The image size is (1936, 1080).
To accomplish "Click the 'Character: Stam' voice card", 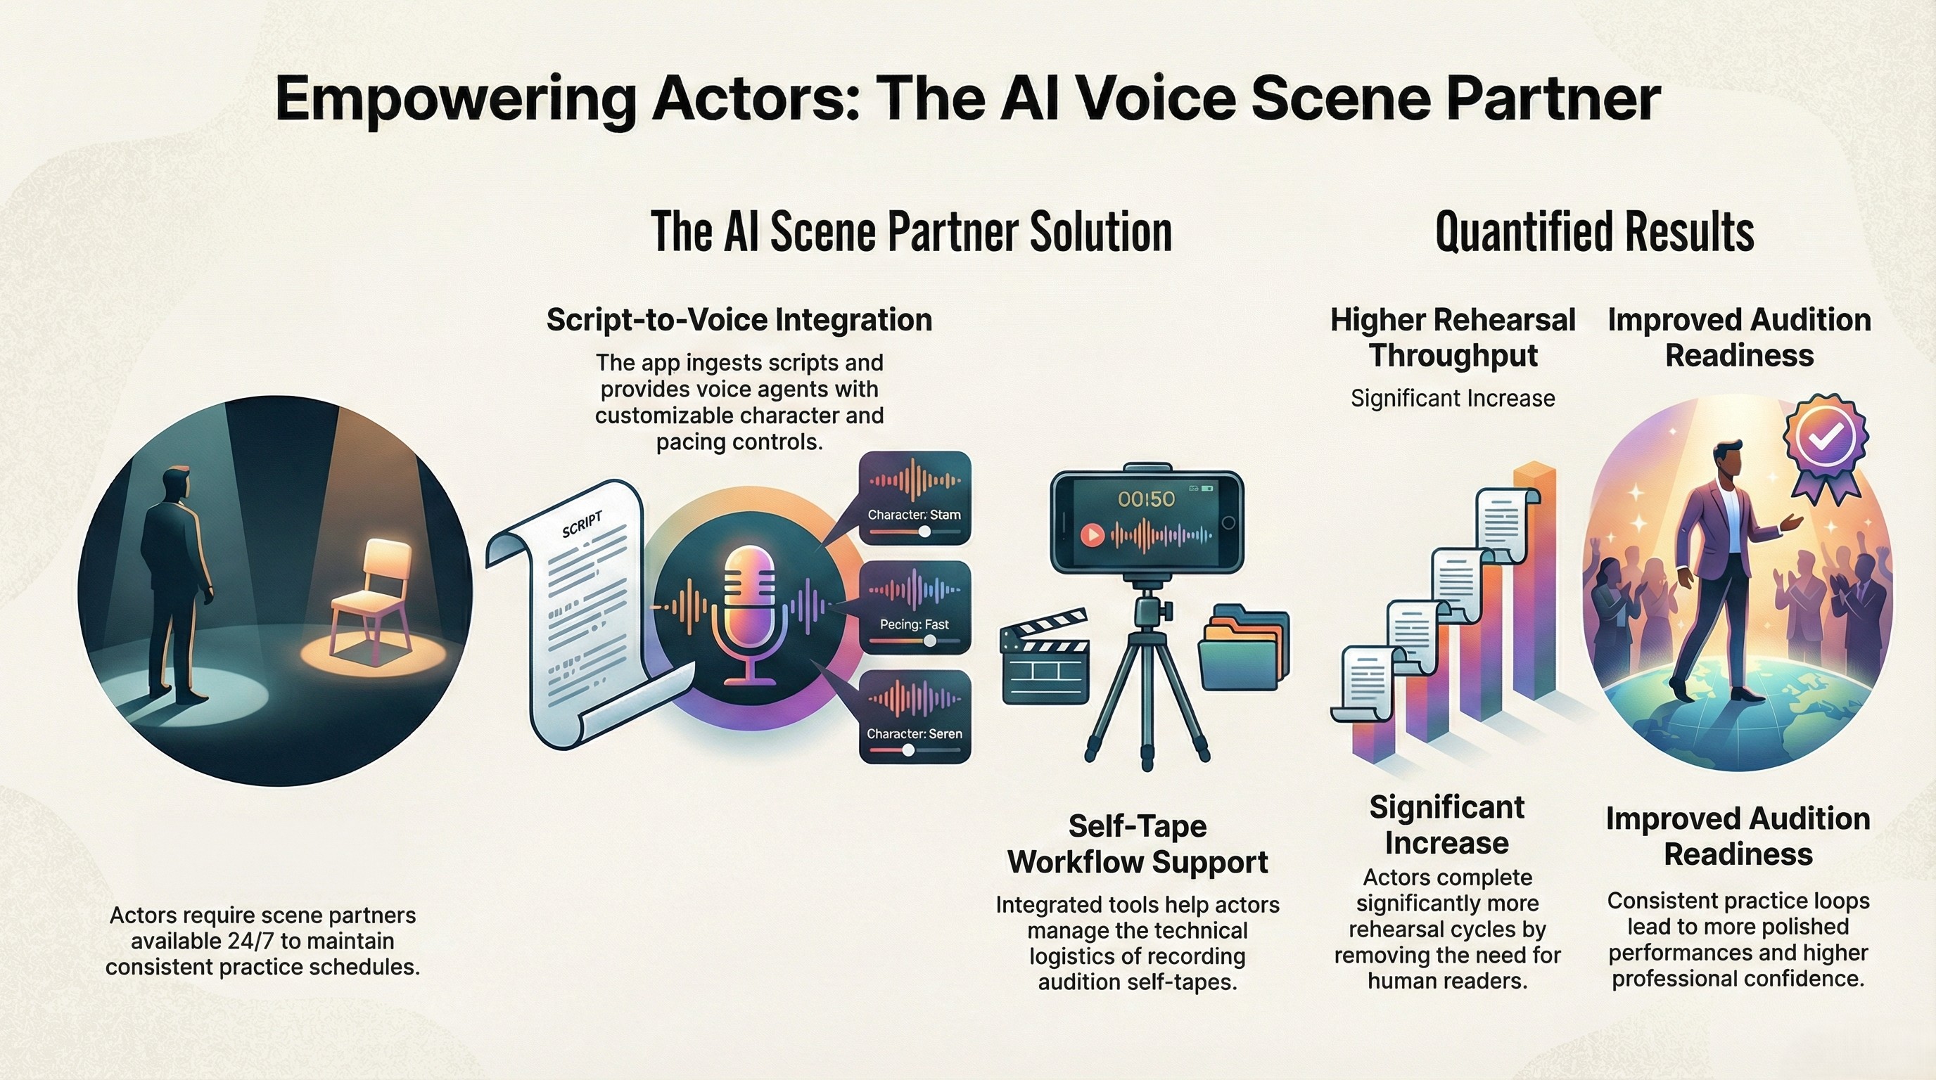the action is pyautogui.click(x=914, y=497).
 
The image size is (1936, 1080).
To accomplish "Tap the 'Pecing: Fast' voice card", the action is pyautogui.click(x=914, y=607).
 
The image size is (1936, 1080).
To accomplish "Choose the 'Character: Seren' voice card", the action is pyautogui.click(x=914, y=716).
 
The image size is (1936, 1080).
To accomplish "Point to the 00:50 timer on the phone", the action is pyautogui.click(x=1145, y=499).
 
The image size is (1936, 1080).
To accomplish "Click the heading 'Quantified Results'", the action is pyautogui.click(x=1594, y=232).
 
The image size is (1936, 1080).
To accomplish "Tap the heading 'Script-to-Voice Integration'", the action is pyautogui.click(x=739, y=320).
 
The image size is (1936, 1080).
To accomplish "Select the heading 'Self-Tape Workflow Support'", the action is pyautogui.click(x=1137, y=844).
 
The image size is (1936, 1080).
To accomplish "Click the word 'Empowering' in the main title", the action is pyautogui.click(x=455, y=100).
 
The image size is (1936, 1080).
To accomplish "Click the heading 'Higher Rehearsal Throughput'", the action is pyautogui.click(x=1452, y=337).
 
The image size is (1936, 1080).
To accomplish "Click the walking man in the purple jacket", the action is pyautogui.click(x=1721, y=571).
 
